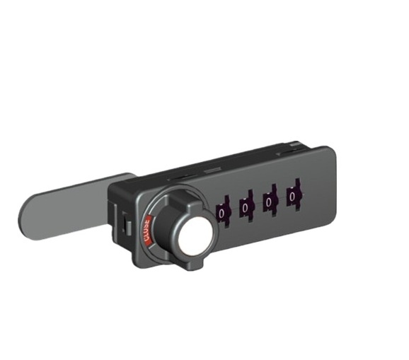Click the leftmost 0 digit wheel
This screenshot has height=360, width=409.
coord(223,211)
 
